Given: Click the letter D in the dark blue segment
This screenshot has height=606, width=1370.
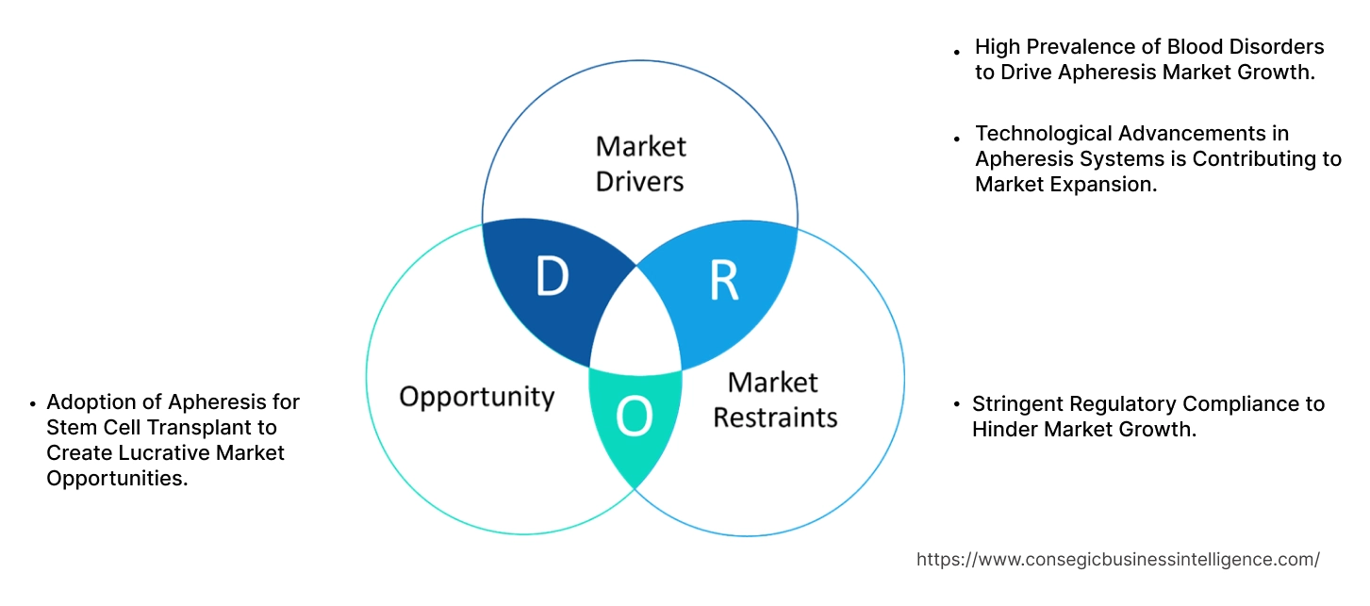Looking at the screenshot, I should tap(552, 277).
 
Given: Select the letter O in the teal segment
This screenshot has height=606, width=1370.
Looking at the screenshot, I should tap(635, 418).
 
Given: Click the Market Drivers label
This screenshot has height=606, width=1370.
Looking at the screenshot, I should tap(640, 163).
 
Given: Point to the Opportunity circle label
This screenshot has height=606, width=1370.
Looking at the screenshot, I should tap(476, 396).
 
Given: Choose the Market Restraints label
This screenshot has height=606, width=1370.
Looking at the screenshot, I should tap(774, 400).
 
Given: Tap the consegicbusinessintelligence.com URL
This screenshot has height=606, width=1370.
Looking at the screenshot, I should tap(1117, 559).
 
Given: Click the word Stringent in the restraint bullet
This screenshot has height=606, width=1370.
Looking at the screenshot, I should tap(1017, 404).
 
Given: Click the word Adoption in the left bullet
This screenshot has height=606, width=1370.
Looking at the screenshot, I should tap(86, 402).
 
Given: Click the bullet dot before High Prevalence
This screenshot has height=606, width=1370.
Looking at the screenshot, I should tap(957, 52).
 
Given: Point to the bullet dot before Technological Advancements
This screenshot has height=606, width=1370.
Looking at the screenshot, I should tap(957, 139).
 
